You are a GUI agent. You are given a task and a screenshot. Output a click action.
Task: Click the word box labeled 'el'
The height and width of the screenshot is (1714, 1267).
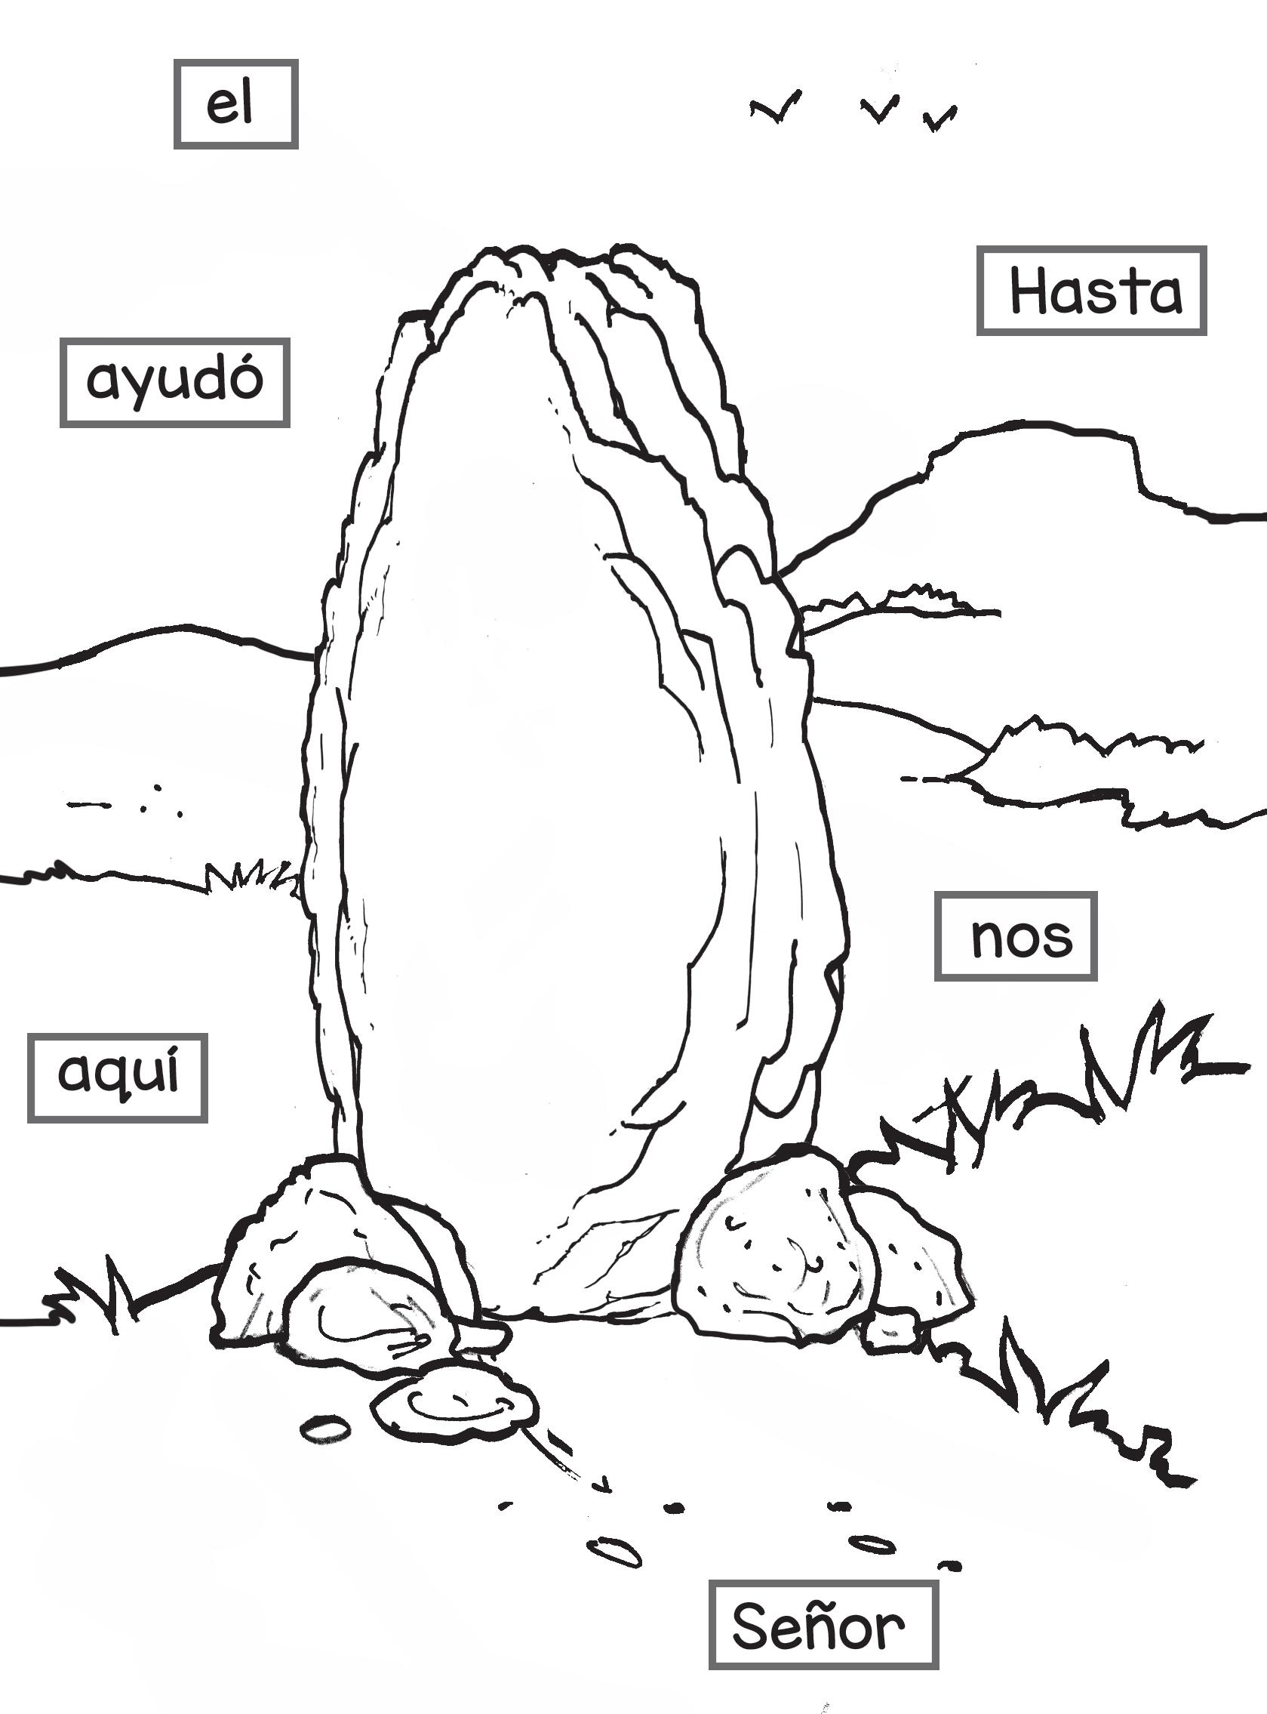point(235,104)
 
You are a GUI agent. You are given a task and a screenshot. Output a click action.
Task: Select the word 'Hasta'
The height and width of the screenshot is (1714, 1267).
point(1090,291)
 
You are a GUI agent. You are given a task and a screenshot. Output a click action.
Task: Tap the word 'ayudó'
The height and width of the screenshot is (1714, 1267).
point(174,381)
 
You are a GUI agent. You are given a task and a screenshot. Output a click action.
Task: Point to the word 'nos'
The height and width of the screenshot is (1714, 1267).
point(1016,936)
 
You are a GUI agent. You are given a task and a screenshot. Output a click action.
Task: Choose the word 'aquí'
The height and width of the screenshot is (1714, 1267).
point(118,1077)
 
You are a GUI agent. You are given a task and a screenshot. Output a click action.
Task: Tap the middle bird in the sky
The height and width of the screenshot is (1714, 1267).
point(880,109)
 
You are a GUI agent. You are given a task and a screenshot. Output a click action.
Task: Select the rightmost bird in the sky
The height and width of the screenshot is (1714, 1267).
point(939,118)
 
